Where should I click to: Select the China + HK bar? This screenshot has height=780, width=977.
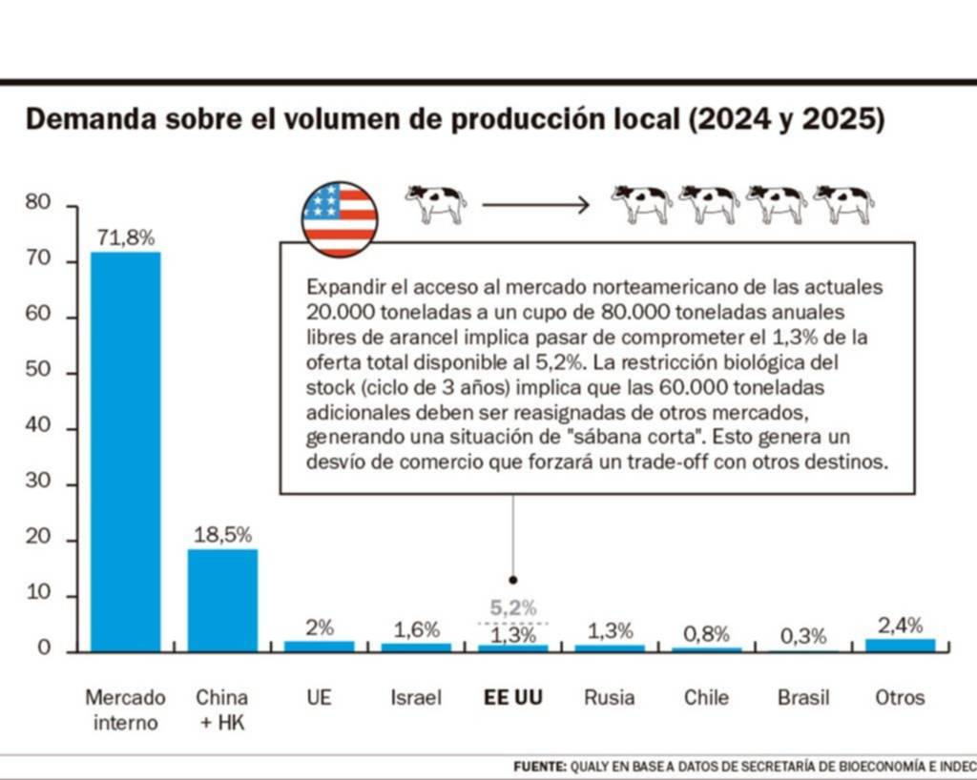(x=222, y=600)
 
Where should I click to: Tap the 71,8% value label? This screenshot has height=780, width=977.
(x=125, y=238)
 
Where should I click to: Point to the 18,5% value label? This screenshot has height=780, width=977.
(x=222, y=535)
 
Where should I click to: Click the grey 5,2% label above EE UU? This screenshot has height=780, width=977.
(x=513, y=606)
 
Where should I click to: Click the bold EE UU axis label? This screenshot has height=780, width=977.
(x=513, y=697)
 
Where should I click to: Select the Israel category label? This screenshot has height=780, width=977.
(x=416, y=697)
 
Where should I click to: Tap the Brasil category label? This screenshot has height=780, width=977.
(x=803, y=697)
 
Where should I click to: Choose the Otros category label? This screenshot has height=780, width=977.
(x=900, y=697)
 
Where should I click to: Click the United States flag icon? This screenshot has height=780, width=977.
(x=340, y=219)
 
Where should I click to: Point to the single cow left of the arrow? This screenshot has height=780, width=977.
(x=436, y=203)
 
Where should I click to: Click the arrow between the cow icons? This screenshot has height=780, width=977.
(x=535, y=204)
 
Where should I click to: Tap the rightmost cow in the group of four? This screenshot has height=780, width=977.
(x=843, y=203)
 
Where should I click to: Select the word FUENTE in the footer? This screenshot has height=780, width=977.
(x=540, y=766)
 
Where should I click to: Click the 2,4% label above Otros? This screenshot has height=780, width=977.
(x=900, y=626)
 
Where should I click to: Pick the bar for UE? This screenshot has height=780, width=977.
(x=320, y=646)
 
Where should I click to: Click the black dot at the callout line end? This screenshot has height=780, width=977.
(x=513, y=579)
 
